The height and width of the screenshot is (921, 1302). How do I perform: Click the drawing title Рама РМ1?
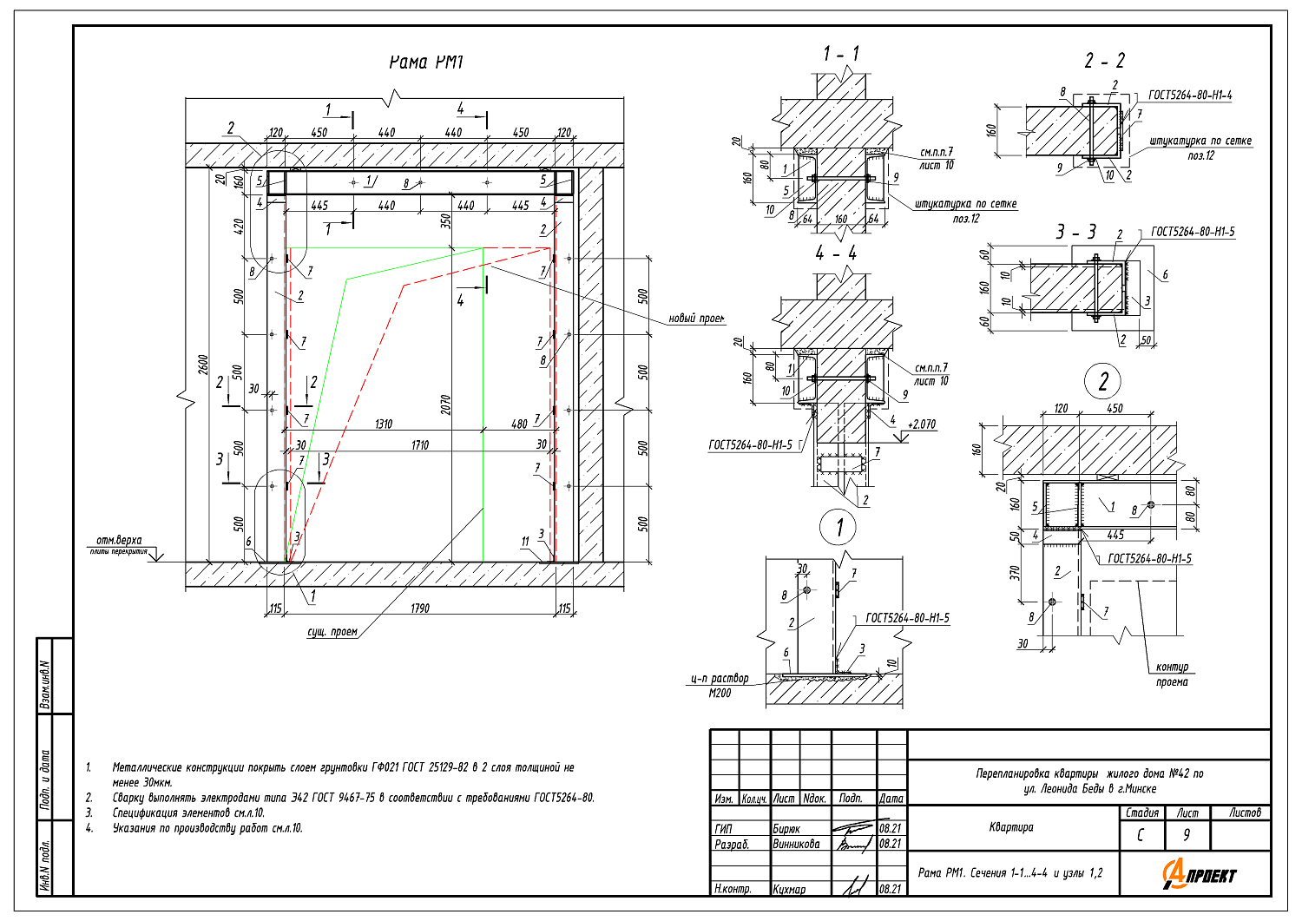pyautogui.click(x=426, y=62)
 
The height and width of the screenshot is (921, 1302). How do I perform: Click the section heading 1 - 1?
pyautogui.click(x=841, y=54)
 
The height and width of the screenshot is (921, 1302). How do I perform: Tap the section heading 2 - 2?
pyautogui.click(x=1104, y=61)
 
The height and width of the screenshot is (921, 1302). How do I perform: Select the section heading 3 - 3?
pyautogui.click(x=1075, y=232)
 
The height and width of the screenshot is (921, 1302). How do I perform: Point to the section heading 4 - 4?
pyautogui.click(x=835, y=253)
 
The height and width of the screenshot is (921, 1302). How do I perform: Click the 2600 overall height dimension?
pyautogui.click(x=202, y=364)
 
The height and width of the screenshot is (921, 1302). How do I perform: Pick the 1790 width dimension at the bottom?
pyautogui.click(x=419, y=608)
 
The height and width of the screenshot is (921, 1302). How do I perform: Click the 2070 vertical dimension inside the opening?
pyautogui.click(x=445, y=404)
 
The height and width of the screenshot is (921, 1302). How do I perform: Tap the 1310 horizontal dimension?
pyautogui.click(x=383, y=424)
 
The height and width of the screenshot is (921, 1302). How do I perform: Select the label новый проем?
pyautogui.click(x=696, y=319)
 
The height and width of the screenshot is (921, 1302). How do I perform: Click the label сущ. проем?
pyautogui.click(x=332, y=632)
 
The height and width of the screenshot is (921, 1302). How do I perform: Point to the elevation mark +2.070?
pyautogui.click(x=921, y=424)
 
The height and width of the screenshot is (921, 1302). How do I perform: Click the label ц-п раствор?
pyautogui.click(x=720, y=678)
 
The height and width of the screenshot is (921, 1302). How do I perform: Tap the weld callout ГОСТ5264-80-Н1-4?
pyautogui.click(x=1189, y=95)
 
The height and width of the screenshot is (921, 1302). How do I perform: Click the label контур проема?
pyautogui.click(x=1172, y=674)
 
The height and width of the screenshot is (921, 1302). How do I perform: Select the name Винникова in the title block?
pyautogui.click(x=796, y=844)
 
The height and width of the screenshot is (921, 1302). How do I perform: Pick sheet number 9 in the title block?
pyautogui.click(x=1187, y=835)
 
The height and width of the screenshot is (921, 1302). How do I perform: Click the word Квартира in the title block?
pyautogui.click(x=1011, y=827)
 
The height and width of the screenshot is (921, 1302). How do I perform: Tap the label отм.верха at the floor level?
pyautogui.click(x=119, y=540)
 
